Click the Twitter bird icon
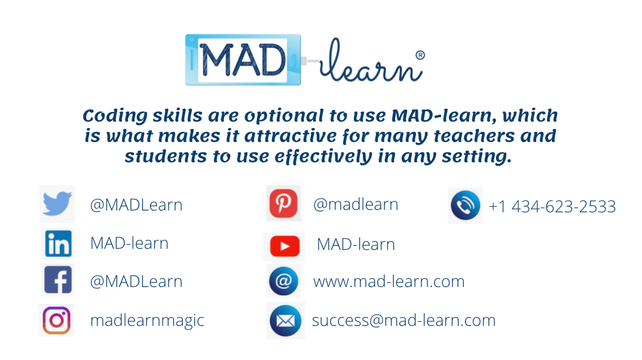click(57, 204)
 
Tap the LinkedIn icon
click(58, 243)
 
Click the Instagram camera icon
click(57, 320)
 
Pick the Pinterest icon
click(283, 204)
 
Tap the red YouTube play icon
click(284, 246)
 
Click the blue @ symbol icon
click(284, 281)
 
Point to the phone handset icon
click(465, 206)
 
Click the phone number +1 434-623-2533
click(552, 207)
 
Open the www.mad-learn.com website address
click(389, 282)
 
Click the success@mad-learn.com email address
click(403, 321)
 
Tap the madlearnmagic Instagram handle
click(147, 321)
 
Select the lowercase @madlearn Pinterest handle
click(356, 205)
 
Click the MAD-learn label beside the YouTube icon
click(356, 245)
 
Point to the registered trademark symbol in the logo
click(420, 55)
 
